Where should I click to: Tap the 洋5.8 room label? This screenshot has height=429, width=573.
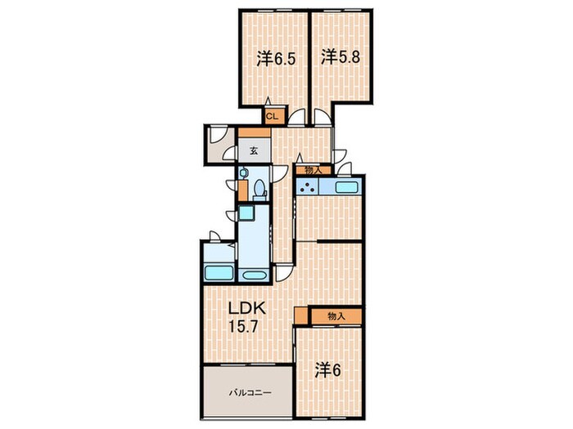click(x=341, y=57)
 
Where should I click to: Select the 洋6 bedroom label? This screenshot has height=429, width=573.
click(x=327, y=371)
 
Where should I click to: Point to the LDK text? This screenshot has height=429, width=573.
click(x=247, y=308)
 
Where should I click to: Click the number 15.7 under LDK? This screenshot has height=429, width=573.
click(x=243, y=326)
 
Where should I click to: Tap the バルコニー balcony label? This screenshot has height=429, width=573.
click(x=250, y=393)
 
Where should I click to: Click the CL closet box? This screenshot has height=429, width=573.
click(x=273, y=117)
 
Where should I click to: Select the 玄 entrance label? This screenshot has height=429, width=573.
click(x=254, y=150)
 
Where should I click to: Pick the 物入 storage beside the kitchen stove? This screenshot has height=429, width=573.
click(x=313, y=170)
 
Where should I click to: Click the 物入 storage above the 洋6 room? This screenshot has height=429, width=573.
click(x=336, y=316)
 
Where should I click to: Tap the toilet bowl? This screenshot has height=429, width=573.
click(x=259, y=190)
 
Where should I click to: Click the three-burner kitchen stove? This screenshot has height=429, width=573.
click(x=308, y=186)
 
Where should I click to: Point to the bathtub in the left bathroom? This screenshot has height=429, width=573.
click(x=219, y=273)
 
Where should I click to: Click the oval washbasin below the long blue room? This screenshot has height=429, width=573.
click(x=254, y=275)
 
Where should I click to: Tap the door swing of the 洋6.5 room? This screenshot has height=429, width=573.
click(x=296, y=118)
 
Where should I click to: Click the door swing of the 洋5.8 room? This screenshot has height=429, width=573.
click(x=323, y=117)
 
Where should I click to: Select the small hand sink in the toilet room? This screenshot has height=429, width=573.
click(x=243, y=173)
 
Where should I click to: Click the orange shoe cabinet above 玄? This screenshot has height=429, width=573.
click(x=255, y=132)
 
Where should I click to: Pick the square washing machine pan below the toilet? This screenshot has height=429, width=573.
click(x=246, y=213)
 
